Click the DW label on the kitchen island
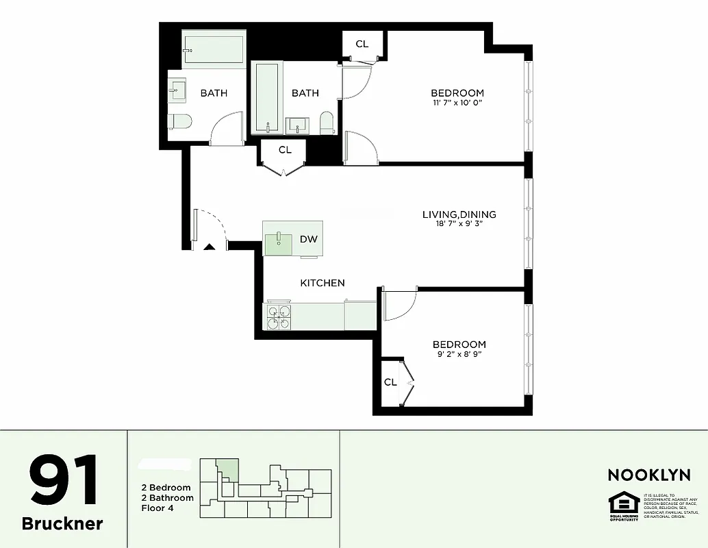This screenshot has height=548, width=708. pyautogui.click(x=308, y=239)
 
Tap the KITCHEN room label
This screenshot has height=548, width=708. pyautogui.click(x=323, y=283)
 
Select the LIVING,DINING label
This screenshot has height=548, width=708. pyautogui.click(x=459, y=214)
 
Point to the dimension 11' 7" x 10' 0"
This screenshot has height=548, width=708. pyautogui.click(x=457, y=103)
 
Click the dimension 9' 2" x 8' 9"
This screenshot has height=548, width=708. pyautogui.click(x=459, y=354)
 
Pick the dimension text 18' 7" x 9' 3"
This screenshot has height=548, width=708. pyautogui.click(x=459, y=224)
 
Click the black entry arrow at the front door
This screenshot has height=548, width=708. pyautogui.click(x=210, y=246)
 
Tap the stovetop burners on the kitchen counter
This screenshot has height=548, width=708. pyautogui.click(x=279, y=316)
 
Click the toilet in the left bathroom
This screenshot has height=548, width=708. pyautogui.click(x=179, y=121)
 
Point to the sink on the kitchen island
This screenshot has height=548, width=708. pyautogui.click(x=279, y=239)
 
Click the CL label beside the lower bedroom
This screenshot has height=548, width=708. pyautogui.click(x=390, y=382)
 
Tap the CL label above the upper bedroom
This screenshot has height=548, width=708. pyautogui.click(x=362, y=44)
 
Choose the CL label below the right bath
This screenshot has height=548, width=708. pyautogui.click(x=285, y=149)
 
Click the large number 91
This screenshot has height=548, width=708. pyautogui.click(x=63, y=482)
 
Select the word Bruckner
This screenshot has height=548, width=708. pyautogui.click(x=62, y=524)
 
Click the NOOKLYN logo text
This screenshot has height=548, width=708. pyautogui.click(x=649, y=475)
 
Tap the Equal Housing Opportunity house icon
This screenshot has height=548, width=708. pyautogui.click(x=624, y=504)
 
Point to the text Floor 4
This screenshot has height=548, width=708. pyautogui.click(x=157, y=508)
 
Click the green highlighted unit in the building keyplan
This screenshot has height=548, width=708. pyautogui.click(x=229, y=470)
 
